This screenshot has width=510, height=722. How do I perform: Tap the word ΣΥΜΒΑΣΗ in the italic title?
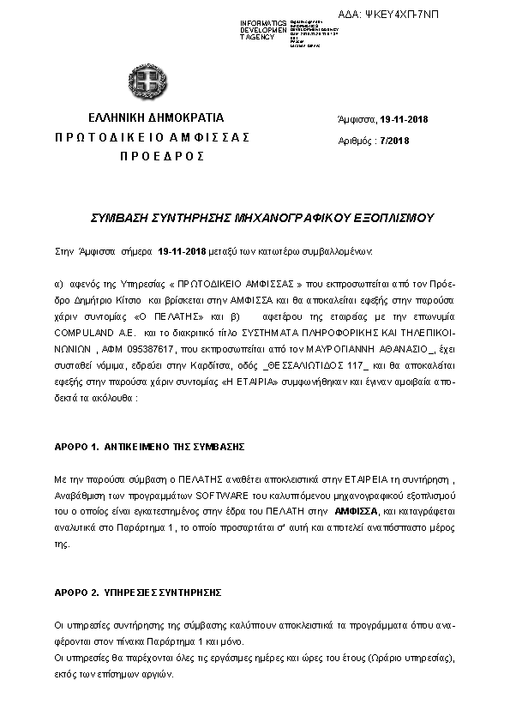(x=119, y=219)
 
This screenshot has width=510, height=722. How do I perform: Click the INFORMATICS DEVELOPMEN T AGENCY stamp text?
(x=264, y=30)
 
